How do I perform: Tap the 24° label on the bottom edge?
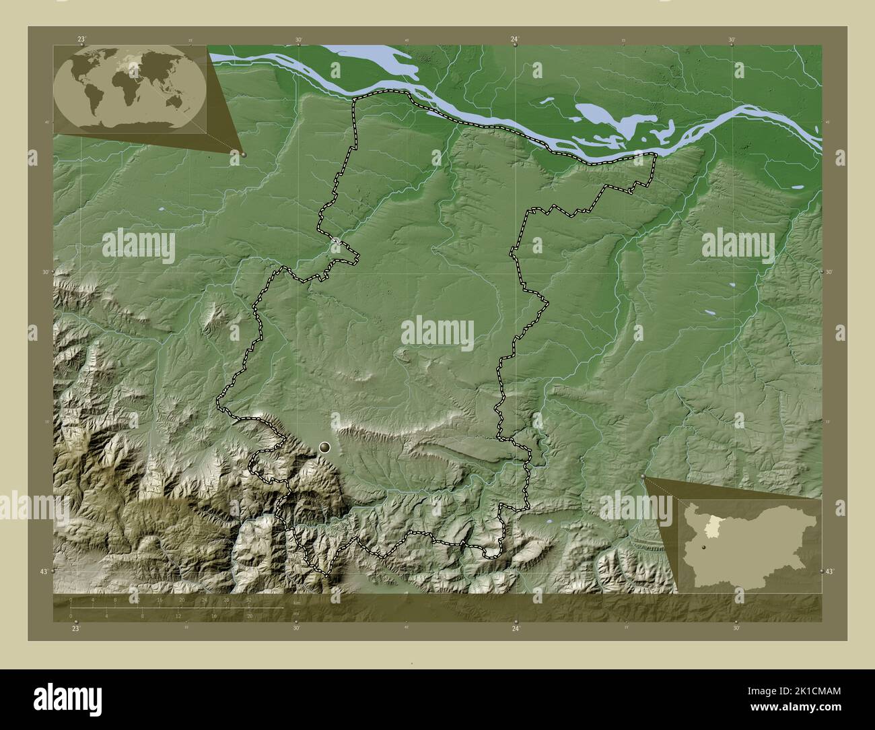coord(516,628)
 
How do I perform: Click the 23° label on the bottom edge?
coord(75,628)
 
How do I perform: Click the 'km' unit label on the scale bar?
coord(296,603)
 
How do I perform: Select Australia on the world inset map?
coord(176,101)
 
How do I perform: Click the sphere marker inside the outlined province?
coord(326,446)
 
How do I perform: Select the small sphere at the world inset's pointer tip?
coord(243,154)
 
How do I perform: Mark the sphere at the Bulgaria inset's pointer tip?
coord(643,477)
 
